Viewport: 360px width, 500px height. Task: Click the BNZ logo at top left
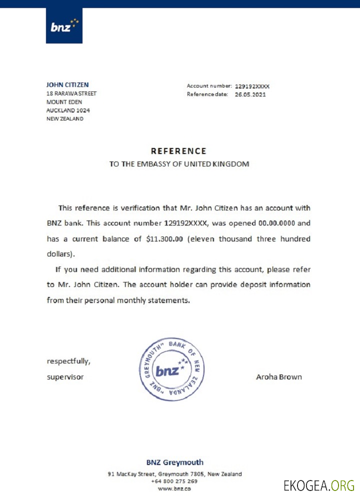pos(64,25)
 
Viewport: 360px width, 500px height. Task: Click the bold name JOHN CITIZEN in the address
pos(67,85)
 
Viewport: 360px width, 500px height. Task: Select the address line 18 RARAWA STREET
pos(71,93)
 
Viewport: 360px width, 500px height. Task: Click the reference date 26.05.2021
pos(250,94)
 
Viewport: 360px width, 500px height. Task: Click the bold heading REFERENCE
pos(178,151)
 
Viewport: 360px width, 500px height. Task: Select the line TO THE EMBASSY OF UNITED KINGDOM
pos(179,164)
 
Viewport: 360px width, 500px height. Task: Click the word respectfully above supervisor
pos(68,361)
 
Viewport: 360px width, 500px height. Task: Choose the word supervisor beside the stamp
pos(65,377)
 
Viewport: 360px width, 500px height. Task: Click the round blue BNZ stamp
pos(171,369)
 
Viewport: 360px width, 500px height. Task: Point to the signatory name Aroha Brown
pos(278,377)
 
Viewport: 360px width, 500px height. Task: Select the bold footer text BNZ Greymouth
pos(175,462)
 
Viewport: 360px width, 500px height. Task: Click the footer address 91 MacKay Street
pos(174,474)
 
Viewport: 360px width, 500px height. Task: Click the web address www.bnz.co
pos(174,488)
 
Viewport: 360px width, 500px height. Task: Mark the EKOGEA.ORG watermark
pos(319,485)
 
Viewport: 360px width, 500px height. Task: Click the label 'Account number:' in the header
pos(209,86)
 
